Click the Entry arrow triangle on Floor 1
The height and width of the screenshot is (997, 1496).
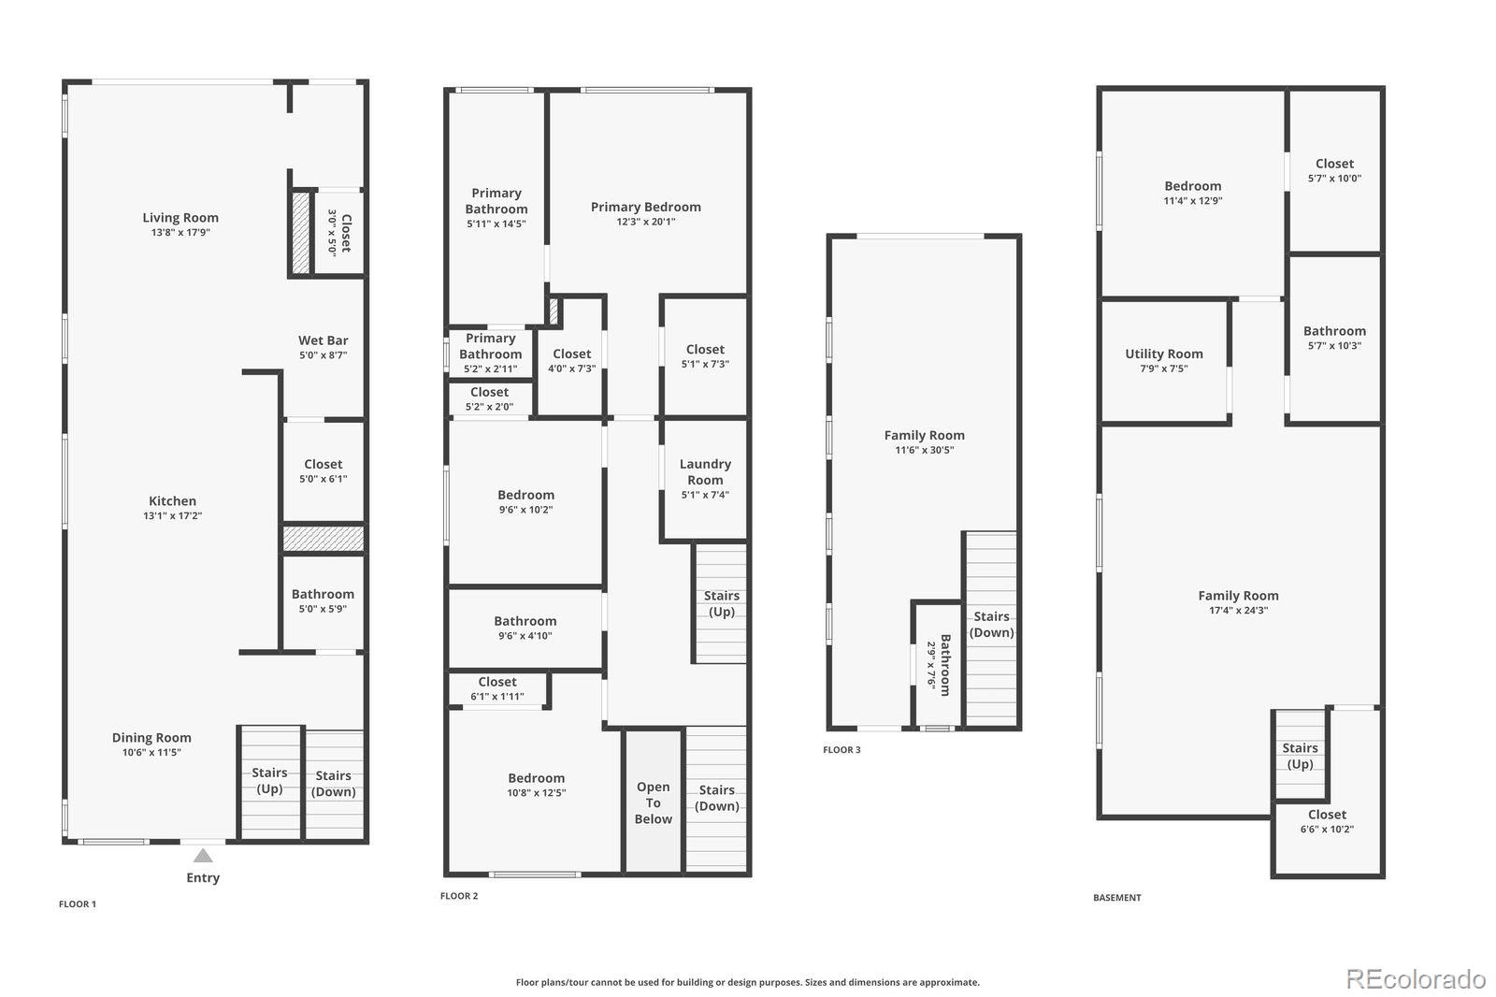pyautogui.click(x=203, y=856)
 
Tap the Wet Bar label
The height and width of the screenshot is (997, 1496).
pyautogui.click(x=324, y=340)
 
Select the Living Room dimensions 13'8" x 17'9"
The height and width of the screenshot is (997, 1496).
pyautogui.click(x=180, y=233)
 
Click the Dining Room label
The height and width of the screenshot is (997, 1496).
pyautogui.click(x=151, y=738)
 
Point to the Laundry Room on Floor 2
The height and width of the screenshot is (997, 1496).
pyautogui.click(x=705, y=479)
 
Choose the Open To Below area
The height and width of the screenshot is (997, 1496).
pyautogui.click(x=654, y=802)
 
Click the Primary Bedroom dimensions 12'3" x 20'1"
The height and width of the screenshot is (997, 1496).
pyautogui.click(x=646, y=222)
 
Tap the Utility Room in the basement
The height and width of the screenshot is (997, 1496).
pyautogui.click(x=1164, y=361)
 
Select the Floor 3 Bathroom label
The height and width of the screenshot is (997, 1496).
pyautogui.click(x=945, y=665)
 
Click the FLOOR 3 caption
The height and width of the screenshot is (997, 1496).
pyautogui.click(x=841, y=750)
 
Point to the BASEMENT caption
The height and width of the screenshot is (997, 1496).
pyautogui.click(x=1117, y=898)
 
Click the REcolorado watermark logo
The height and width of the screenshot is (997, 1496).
pyautogui.click(x=1416, y=979)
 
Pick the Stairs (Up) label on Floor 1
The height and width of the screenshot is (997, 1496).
pyautogui.click(x=270, y=781)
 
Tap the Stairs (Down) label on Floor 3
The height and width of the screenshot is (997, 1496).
pyautogui.click(x=992, y=624)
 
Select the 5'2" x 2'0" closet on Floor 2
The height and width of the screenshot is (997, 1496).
pyautogui.click(x=490, y=399)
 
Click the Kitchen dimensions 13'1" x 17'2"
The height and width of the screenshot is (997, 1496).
pyautogui.click(x=172, y=516)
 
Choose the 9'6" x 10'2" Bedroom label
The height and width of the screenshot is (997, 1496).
pyautogui.click(x=525, y=495)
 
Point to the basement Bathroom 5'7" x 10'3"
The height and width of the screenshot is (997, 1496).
pyautogui.click(x=1334, y=338)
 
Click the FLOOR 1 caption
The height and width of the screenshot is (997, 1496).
pyautogui.click(x=78, y=904)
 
